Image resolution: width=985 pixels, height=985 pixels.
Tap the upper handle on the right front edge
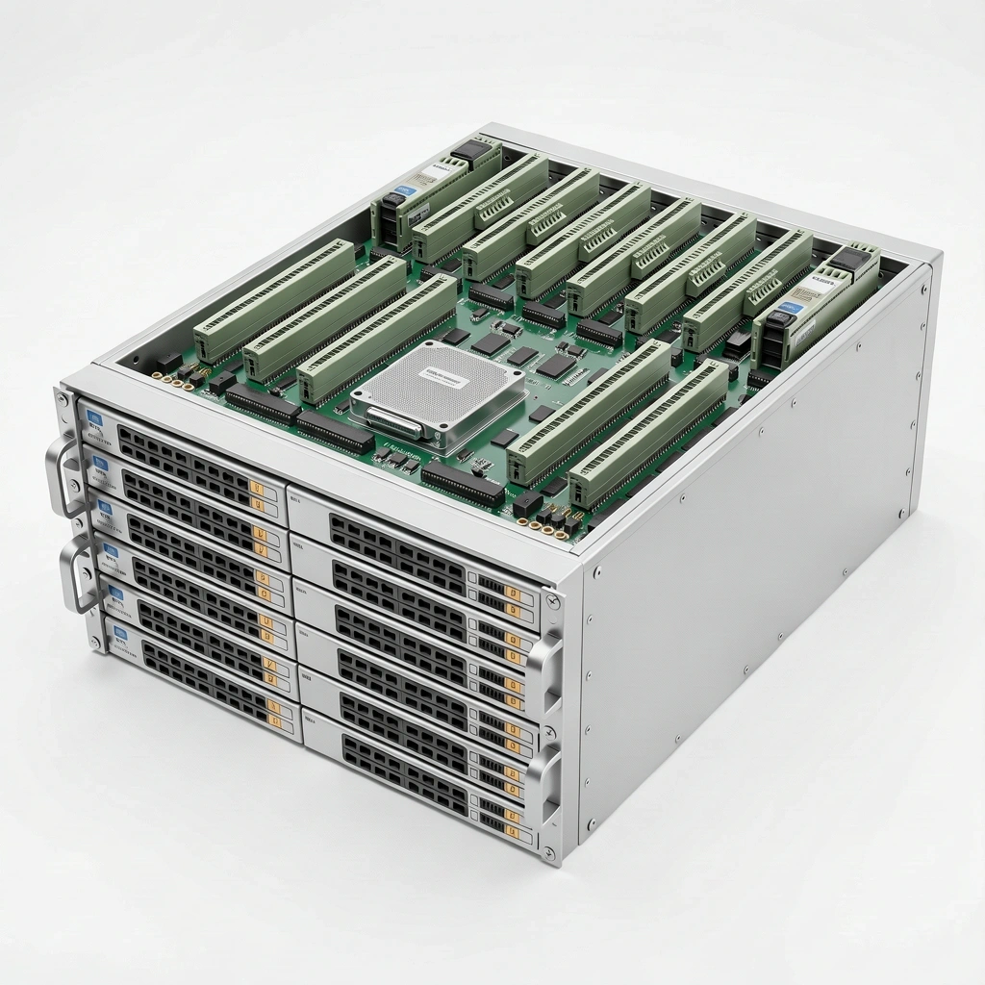pos(545,663)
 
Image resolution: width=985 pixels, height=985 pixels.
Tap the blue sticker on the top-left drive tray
pos(94,418)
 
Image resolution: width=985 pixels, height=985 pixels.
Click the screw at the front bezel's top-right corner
pos(551,602)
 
